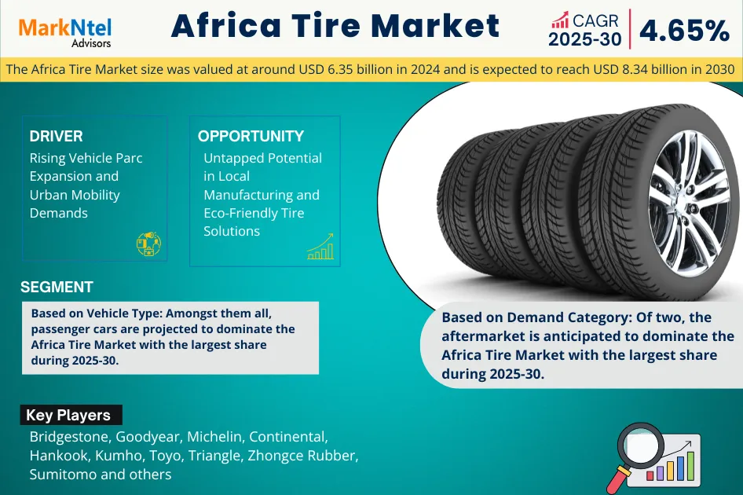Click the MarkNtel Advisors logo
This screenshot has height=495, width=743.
pyautogui.click(x=65, y=33)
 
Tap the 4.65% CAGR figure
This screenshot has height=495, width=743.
pyautogui.click(x=684, y=31)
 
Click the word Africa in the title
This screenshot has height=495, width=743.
pyautogui.click(x=226, y=25)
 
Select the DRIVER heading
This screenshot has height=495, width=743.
pyautogui.click(x=56, y=136)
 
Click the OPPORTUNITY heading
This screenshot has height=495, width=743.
pyautogui.click(x=251, y=136)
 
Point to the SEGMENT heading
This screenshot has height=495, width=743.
pyautogui.click(x=57, y=287)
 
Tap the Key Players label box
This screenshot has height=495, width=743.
pyautogui.click(x=71, y=415)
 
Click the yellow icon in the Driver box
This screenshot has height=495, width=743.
pyautogui.click(x=148, y=244)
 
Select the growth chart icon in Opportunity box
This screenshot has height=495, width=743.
pyautogui.click(x=320, y=247)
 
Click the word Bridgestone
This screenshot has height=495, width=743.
pyautogui.click(x=70, y=437)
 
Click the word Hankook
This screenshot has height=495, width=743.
pyautogui.click(x=59, y=455)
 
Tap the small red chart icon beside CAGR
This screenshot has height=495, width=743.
pyautogui.click(x=560, y=20)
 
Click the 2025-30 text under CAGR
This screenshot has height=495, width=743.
pyautogui.click(x=584, y=39)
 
